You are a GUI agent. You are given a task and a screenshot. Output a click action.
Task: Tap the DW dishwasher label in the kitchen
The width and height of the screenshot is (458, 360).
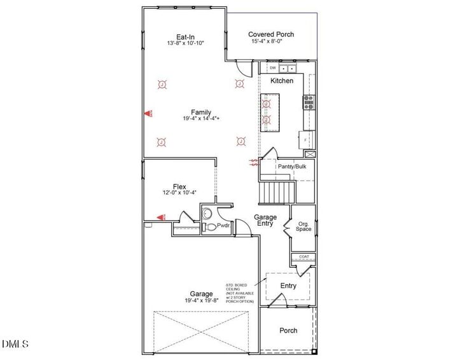tap(272, 67)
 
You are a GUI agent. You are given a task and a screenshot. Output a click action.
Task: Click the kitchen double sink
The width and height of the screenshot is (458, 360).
tap(288, 67)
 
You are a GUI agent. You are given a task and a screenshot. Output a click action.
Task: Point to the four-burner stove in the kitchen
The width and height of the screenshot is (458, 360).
tap(309, 102)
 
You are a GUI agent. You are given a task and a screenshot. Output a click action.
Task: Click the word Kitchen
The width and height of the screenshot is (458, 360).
tap(282, 81)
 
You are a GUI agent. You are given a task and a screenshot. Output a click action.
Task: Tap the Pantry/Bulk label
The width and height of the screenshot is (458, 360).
tap(292, 167)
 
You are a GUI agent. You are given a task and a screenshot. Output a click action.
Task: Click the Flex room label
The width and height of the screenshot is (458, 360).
tap(179, 186)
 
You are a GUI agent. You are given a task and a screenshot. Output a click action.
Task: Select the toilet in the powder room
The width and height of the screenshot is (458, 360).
tap(209, 226)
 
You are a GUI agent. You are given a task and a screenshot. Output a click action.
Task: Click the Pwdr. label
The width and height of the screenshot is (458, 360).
tap(223, 226)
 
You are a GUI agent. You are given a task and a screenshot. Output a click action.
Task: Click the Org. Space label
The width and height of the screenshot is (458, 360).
tap(303, 226)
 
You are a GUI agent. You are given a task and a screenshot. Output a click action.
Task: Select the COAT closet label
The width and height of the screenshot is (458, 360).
tap(303, 258)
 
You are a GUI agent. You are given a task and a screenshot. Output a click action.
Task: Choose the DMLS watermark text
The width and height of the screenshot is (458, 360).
tap(15, 344)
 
